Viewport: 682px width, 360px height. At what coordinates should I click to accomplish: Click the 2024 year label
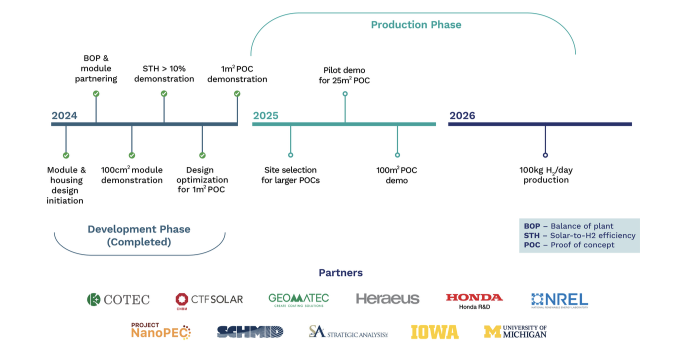point(64,116)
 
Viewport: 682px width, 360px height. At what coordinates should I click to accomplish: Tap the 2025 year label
point(265,116)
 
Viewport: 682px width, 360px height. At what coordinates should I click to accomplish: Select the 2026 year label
point(462,116)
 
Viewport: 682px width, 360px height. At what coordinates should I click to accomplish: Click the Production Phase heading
point(416,24)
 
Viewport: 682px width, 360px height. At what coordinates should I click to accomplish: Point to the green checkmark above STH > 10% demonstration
point(164,93)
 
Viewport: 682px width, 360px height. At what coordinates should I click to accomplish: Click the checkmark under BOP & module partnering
point(96,93)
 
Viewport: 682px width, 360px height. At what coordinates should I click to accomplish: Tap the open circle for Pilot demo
point(345,93)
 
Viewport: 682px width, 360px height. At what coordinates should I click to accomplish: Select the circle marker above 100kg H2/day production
point(545,155)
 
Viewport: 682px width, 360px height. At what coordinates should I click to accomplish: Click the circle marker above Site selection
point(290,155)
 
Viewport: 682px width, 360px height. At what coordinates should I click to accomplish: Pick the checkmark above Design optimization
point(202,155)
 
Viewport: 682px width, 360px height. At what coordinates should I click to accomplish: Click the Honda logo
point(474,300)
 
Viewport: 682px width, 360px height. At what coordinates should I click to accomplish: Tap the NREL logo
point(559,300)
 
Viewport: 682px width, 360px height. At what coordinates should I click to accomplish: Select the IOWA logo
point(434,332)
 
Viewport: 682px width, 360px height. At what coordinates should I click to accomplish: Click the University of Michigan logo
point(515,331)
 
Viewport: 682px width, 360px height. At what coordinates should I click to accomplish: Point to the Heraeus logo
point(387,299)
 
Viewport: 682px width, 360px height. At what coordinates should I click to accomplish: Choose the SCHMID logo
point(250,331)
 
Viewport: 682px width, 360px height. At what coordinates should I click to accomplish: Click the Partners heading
point(340,273)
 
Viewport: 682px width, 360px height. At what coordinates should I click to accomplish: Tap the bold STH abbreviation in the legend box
point(532,235)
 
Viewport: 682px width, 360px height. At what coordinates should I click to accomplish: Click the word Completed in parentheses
point(139,242)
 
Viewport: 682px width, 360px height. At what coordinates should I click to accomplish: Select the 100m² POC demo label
point(396,175)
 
